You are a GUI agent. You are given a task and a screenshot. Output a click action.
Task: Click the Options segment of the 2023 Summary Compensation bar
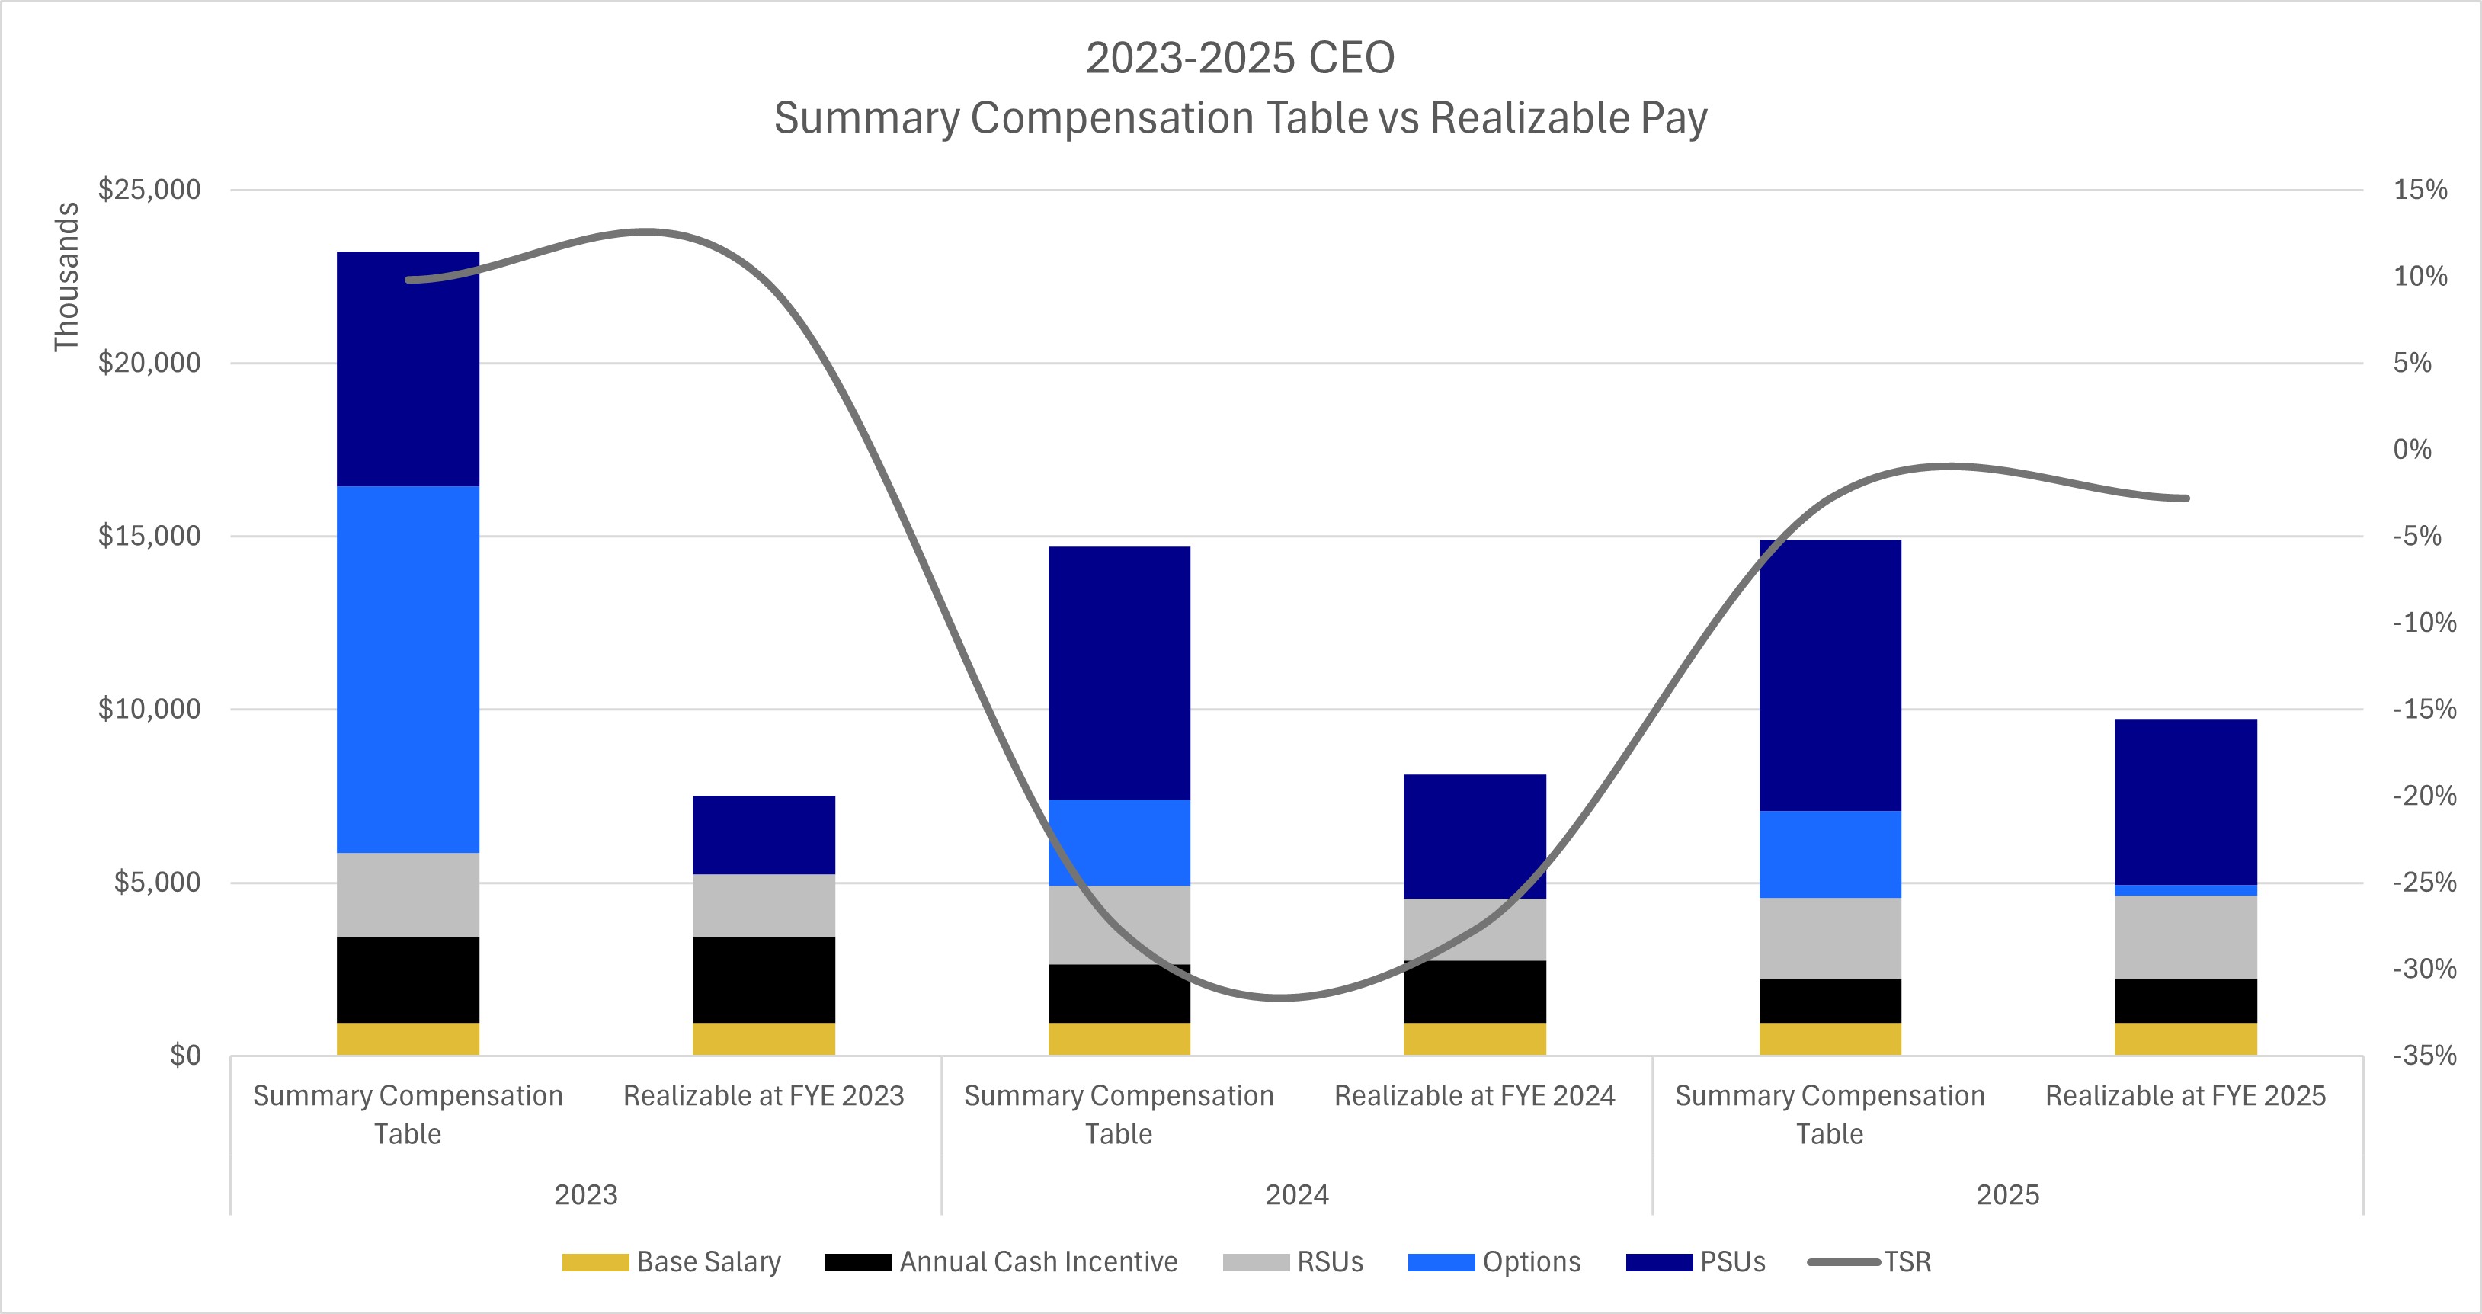pos(408,668)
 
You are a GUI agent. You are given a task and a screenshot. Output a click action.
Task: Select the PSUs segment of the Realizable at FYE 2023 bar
pos(763,835)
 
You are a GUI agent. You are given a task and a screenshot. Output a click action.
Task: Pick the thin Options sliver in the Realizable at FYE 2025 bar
pos(2186,890)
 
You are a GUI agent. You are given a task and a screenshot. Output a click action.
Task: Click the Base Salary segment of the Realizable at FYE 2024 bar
pos(1474,1039)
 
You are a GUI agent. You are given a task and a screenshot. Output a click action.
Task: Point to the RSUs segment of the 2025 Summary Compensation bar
pos(1830,938)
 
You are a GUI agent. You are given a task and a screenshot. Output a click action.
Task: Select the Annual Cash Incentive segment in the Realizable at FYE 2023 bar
pos(763,979)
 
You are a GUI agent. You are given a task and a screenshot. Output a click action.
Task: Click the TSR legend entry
pos(1869,1262)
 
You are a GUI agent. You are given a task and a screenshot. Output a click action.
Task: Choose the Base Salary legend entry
pos(671,1262)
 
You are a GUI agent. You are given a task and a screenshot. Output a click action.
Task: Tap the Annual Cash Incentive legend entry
pos(1002,1262)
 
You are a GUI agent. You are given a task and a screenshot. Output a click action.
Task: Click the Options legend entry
pos(1494,1262)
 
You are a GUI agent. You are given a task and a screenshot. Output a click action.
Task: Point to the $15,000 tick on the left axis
pos(149,536)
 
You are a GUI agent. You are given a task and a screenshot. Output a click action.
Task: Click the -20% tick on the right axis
pos(2424,796)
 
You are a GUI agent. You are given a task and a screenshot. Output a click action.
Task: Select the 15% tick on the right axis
pos(2420,190)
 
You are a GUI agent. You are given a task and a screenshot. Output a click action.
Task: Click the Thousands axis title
pos(66,277)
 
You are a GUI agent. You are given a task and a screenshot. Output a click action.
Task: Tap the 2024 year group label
pos(1296,1194)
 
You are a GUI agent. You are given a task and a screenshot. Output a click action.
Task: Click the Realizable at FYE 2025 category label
pos(2186,1096)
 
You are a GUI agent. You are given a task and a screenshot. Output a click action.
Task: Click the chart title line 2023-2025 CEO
pos(1240,58)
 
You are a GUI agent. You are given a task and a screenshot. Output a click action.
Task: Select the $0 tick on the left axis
pos(185,1056)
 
